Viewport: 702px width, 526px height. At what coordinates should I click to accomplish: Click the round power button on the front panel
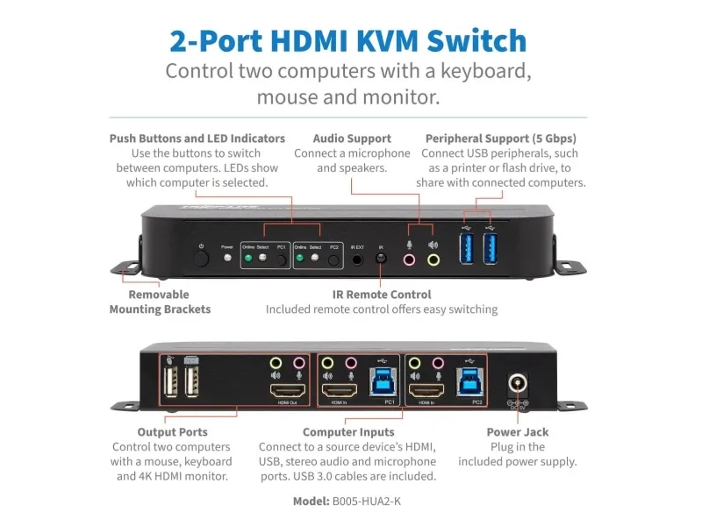coord(202,258)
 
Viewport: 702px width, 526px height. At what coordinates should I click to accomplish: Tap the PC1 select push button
coord(282,260)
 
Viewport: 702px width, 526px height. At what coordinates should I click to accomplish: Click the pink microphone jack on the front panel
coord(408,259)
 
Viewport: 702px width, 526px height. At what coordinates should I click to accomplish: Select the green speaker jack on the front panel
coord(433,259)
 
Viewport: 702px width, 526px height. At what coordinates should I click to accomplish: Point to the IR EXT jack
coord(358,259)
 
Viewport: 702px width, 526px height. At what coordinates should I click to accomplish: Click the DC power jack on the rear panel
coord(517,385)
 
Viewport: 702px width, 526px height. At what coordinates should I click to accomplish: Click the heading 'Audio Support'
coord(352,139)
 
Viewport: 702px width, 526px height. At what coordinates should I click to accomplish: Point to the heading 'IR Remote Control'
coord(381,295)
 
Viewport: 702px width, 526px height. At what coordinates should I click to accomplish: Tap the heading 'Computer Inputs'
coord(348,432)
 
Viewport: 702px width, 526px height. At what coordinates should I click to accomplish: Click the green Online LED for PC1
coord(248,258)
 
